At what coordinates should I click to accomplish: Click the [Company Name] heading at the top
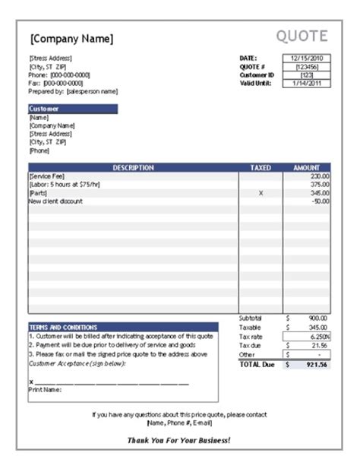pos(71,38)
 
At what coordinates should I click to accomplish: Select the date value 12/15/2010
pos(307,58)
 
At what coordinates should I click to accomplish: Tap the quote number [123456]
pos(307,66)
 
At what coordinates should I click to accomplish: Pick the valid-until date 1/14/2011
pos(307,83)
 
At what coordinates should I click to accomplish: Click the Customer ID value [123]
pos(307,74)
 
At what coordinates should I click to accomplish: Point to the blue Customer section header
pos(72,109)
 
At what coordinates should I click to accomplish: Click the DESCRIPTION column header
pos(133,167)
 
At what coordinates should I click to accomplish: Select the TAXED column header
pos(261,167)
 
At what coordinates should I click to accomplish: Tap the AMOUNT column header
pos(306,167)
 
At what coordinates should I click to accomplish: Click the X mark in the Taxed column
pos(261,193)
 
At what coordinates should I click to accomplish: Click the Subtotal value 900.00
pos(317,317)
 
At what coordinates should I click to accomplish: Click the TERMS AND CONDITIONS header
pos(59,326)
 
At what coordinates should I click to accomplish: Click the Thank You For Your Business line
pos(179,440)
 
